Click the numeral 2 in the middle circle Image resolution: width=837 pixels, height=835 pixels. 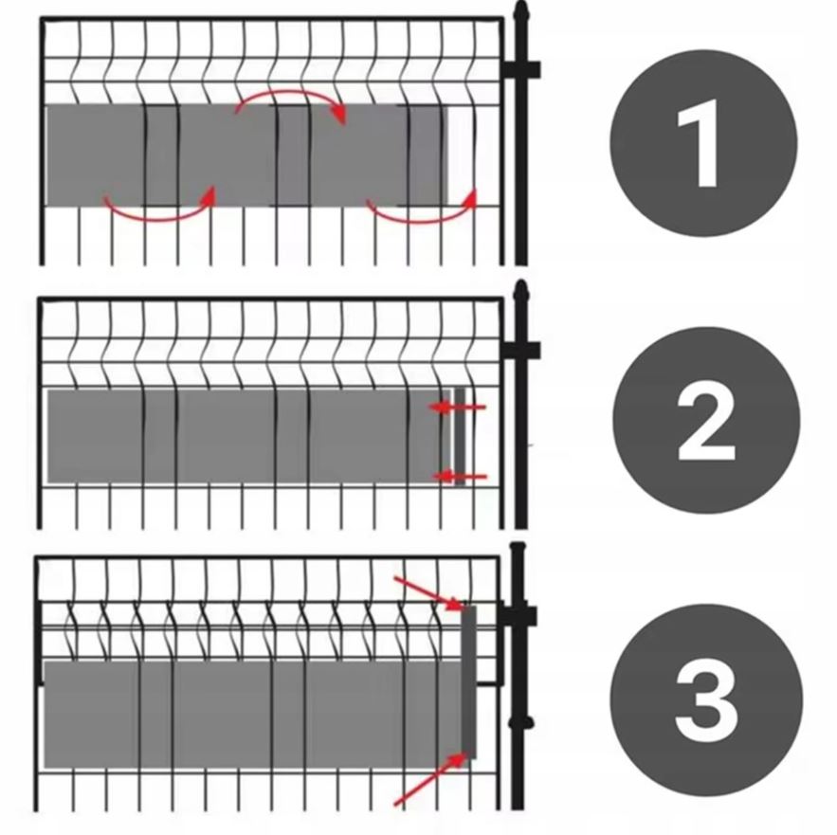[x=707, y=421]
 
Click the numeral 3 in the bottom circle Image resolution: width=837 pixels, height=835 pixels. [x=707, y=699]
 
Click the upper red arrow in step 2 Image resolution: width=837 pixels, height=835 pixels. [x=458, y=408]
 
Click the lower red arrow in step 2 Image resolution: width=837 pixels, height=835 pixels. [x=459, y=476]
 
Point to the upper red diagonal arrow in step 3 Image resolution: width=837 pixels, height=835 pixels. [x=428, y=592]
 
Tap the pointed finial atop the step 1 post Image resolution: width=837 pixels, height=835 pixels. [x=521, y=11]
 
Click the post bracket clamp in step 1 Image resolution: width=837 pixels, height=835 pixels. [x=521, y=70]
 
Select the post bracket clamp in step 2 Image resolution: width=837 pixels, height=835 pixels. [x=521, y=351]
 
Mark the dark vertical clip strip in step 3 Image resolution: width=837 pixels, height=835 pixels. [x=468, y=681]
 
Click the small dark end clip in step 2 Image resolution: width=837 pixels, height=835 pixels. [x=460, y=436]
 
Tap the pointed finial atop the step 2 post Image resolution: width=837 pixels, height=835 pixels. [x=521, y=292]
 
